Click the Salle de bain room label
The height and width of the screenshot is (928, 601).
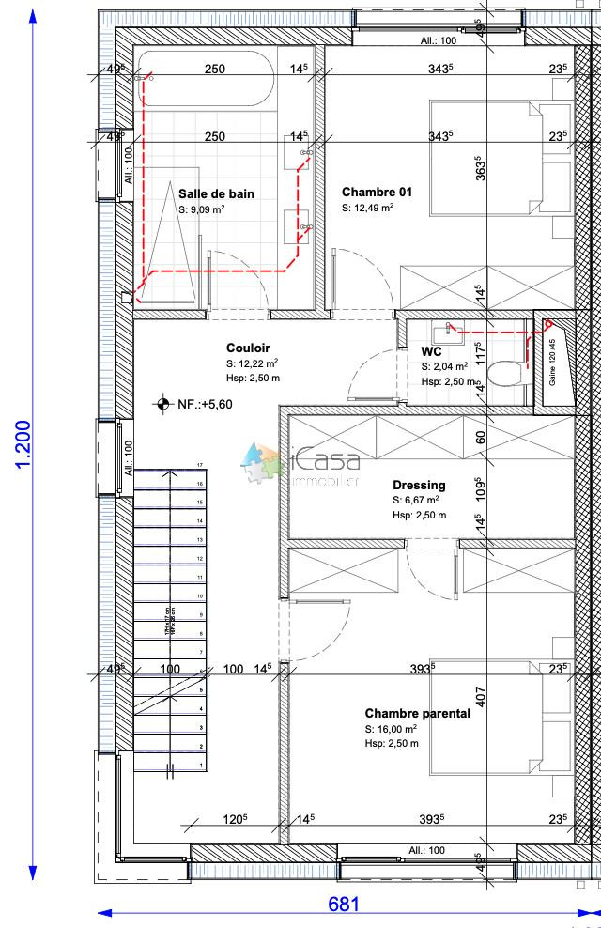[x=216, y=193]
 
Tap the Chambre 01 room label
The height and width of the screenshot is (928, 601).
[x=377, y=191]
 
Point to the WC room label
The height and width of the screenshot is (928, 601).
[x=431, y=351]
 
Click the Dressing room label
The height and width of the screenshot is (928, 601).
[x=419, y=485]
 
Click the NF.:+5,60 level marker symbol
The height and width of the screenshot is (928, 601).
[x=163, y=404]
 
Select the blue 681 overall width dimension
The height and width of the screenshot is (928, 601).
[x=343, y=905]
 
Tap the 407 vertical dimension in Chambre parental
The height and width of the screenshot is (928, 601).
[x=479, y=696]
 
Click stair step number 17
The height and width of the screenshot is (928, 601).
[x=200, y=465]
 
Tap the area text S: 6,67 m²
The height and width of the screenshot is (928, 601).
[x=418, y=501]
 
